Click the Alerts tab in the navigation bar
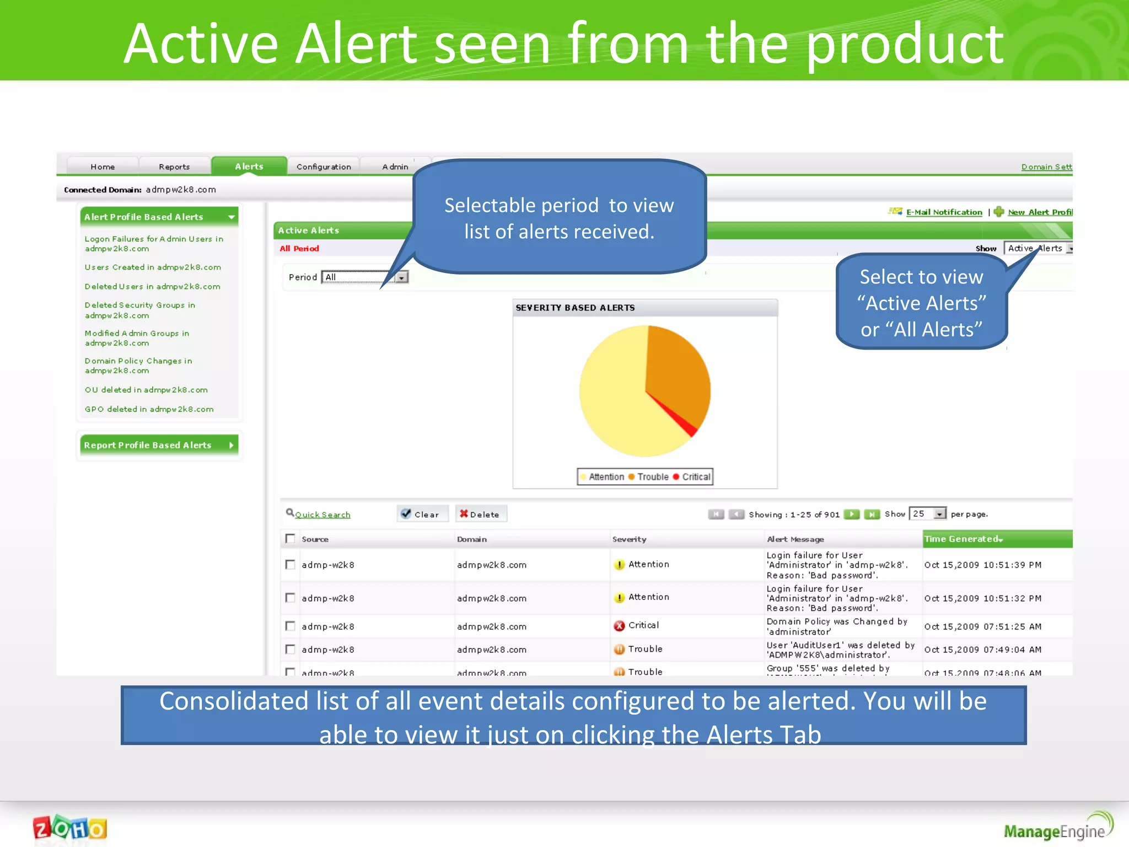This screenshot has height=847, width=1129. pyautogui.click(x=249, y=167)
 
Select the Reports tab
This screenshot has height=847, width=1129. pyautogui.click(x=174, y=167)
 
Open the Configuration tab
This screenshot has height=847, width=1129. pyautogui.click(x=324, y=167)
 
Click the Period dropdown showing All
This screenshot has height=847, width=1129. pyautogui.click(x=364, y=277)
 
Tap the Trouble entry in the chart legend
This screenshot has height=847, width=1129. pyautogui.click(x=652, y=477)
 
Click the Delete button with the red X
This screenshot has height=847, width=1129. pyautogui.click(x=480, y=514)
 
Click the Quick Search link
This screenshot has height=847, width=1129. pyautogui.click(x=322, y=514)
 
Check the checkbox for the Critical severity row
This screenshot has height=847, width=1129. pyautogui.click(x=290, y=626)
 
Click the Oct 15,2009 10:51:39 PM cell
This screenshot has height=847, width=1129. pyautogui.click(x=982, y=565)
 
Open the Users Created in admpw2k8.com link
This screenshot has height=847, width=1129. pyautogui.click(x=153, y=267)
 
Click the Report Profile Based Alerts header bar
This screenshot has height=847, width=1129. pyautogui.click(x=159, y=445)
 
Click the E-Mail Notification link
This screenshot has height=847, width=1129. pyautogui.click(x=944, y=212)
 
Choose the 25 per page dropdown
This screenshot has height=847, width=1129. pyautogui.click(x=927, y=514)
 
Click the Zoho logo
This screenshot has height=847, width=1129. pyautogui.click(x=70, y=828)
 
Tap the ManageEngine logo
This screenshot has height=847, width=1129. pyautogui.click(x=1056, y=829)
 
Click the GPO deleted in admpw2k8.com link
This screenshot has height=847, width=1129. pyautogui.click(x=149, y=409)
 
